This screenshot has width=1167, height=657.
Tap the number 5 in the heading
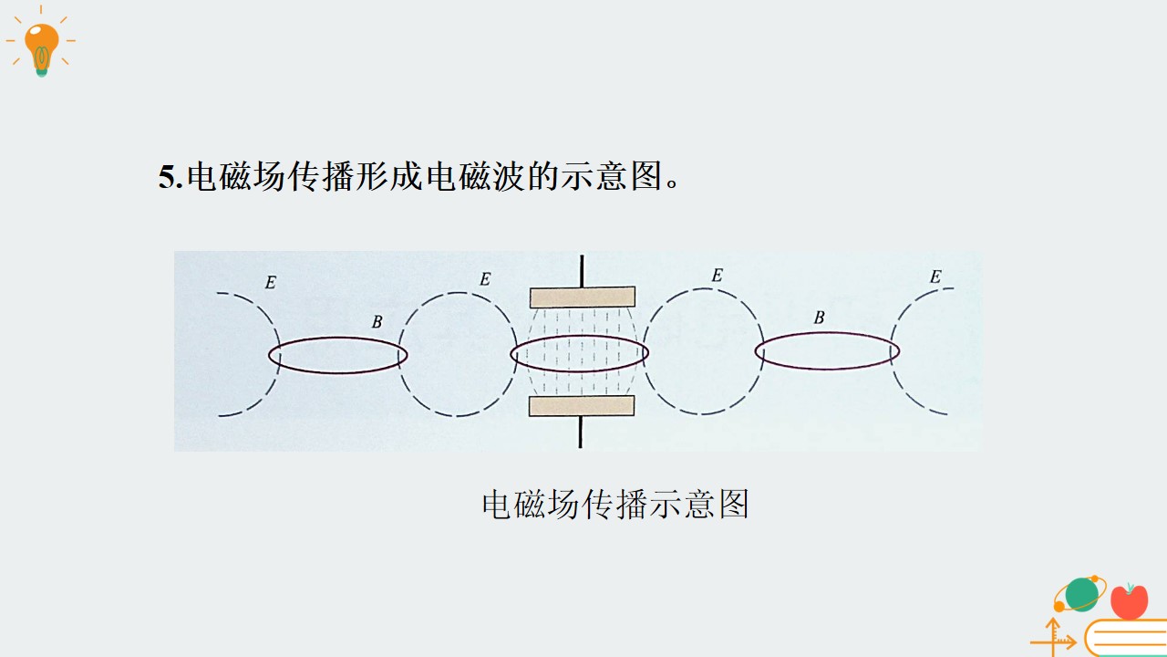[167, 177]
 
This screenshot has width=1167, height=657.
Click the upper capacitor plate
[583, 297]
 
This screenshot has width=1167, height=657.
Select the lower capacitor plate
[582, 406]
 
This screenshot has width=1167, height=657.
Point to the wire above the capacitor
[582, 271]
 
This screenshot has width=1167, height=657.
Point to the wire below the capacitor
[581, 432]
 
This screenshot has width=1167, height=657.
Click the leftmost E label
[271, 283]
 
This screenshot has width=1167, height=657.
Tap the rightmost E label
[935, 276]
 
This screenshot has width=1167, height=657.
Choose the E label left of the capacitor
[485, 279]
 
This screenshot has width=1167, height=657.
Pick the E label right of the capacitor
[717, 276]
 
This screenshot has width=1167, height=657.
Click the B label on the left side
[377, 322]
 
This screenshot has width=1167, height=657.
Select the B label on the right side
[819, 317]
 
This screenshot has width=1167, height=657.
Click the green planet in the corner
[1081, 594]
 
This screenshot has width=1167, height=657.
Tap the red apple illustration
[1129, 602]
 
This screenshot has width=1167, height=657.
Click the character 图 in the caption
[734, 504]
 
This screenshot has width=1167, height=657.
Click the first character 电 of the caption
[496, 504]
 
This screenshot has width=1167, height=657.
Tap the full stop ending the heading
[672, 184]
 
